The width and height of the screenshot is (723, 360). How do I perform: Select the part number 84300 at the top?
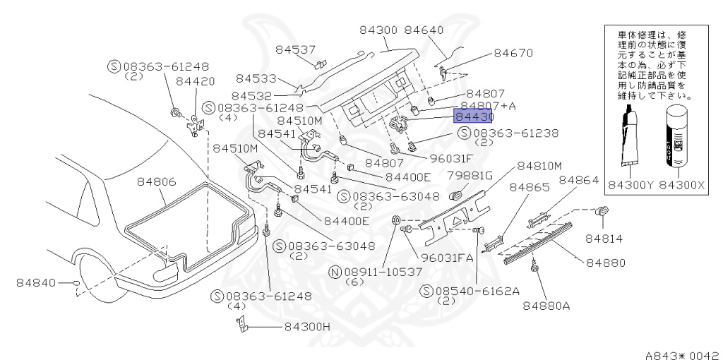tap(378, 30)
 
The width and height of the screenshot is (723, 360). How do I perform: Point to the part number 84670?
tap(513, 53)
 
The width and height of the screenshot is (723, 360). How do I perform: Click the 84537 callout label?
tap(295, 49)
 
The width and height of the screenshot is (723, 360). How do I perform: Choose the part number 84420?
tap(195, 82)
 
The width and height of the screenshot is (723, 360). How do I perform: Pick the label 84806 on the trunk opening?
tap(155, 182)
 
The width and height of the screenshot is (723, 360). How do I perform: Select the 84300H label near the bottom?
tap(307, 327)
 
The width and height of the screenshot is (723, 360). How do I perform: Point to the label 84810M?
tap(539, 166)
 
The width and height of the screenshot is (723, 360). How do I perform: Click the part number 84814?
tap(603, 239)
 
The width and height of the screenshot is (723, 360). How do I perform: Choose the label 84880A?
tap(546, 306)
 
